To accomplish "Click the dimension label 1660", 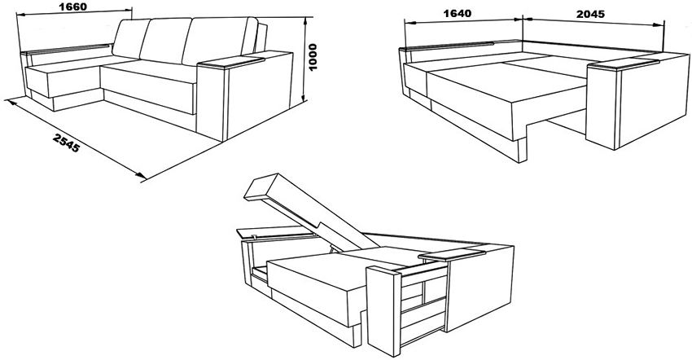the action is coord(72,7).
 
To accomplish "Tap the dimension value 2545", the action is coord(66,143).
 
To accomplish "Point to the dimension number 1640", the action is coord(457,13).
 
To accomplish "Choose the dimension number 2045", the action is coord(590,14).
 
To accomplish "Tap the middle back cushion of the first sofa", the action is coord(165,41).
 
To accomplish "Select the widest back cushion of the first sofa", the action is coord(217,42).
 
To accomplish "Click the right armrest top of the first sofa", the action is coord(231,62).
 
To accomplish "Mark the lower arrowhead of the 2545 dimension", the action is coord(141,175).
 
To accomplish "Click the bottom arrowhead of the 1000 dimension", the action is coord(304,98).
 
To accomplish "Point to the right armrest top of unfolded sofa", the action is coord(623,64).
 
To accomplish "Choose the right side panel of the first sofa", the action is coord(258,95).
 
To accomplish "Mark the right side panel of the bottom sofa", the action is coord(479,288).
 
